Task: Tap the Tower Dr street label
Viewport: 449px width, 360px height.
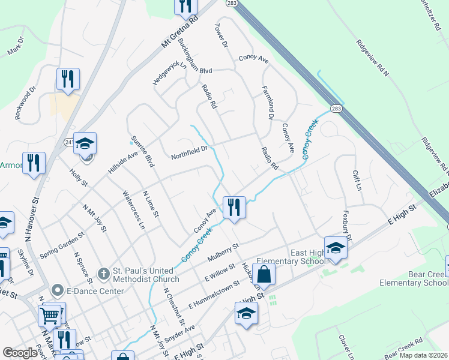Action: click(221, 37)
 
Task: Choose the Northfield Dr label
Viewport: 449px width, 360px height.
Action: click(189, 149)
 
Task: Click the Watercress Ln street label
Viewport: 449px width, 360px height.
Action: click(133, 210)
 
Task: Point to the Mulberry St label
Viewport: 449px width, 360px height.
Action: click(223, 252)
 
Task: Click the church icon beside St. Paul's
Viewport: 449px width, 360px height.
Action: click(103, 272)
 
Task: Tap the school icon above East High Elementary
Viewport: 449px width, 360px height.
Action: click(336, 247)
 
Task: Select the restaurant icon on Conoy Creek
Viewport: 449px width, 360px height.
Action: click(234, 208)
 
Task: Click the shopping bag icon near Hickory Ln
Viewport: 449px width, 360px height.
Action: click(264, 275)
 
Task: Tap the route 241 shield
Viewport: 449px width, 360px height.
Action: click(69, 142)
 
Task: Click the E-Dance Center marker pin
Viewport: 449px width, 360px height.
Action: click(58, 291)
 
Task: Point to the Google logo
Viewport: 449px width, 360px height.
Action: click(20, 353)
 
